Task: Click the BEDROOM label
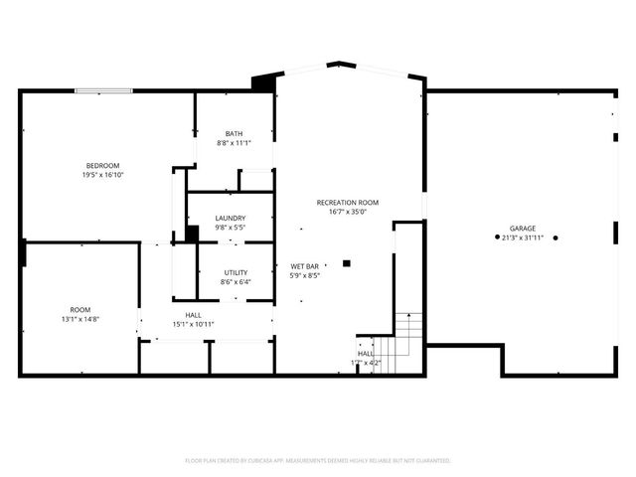point(102,165)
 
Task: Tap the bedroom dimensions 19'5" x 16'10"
point(102,175)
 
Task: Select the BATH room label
point(234,133)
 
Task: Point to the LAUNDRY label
point(231,218)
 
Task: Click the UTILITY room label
point(236,272)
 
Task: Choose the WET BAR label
point(304,266)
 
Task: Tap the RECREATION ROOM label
point(348,202)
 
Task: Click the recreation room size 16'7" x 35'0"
point(348,211)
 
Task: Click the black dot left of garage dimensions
point(498,238)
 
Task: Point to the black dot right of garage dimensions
point(556,238)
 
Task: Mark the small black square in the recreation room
point(346,263)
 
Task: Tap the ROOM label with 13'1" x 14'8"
point(80,309)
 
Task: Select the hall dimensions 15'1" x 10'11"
point(193,323)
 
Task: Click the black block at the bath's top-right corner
point(263,83)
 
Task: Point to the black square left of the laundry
point(192,235)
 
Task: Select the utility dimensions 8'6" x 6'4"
point(236,281)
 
